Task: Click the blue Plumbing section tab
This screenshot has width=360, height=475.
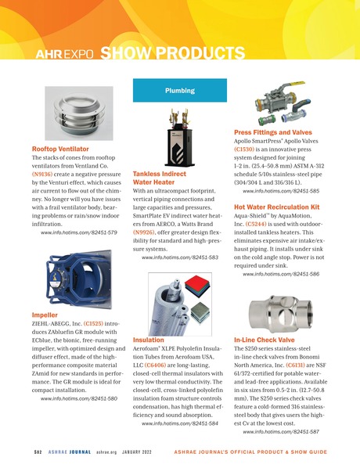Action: [179, 92]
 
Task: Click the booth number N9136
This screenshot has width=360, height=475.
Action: [45, 181]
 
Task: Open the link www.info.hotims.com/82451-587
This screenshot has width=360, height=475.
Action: [280, 432]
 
